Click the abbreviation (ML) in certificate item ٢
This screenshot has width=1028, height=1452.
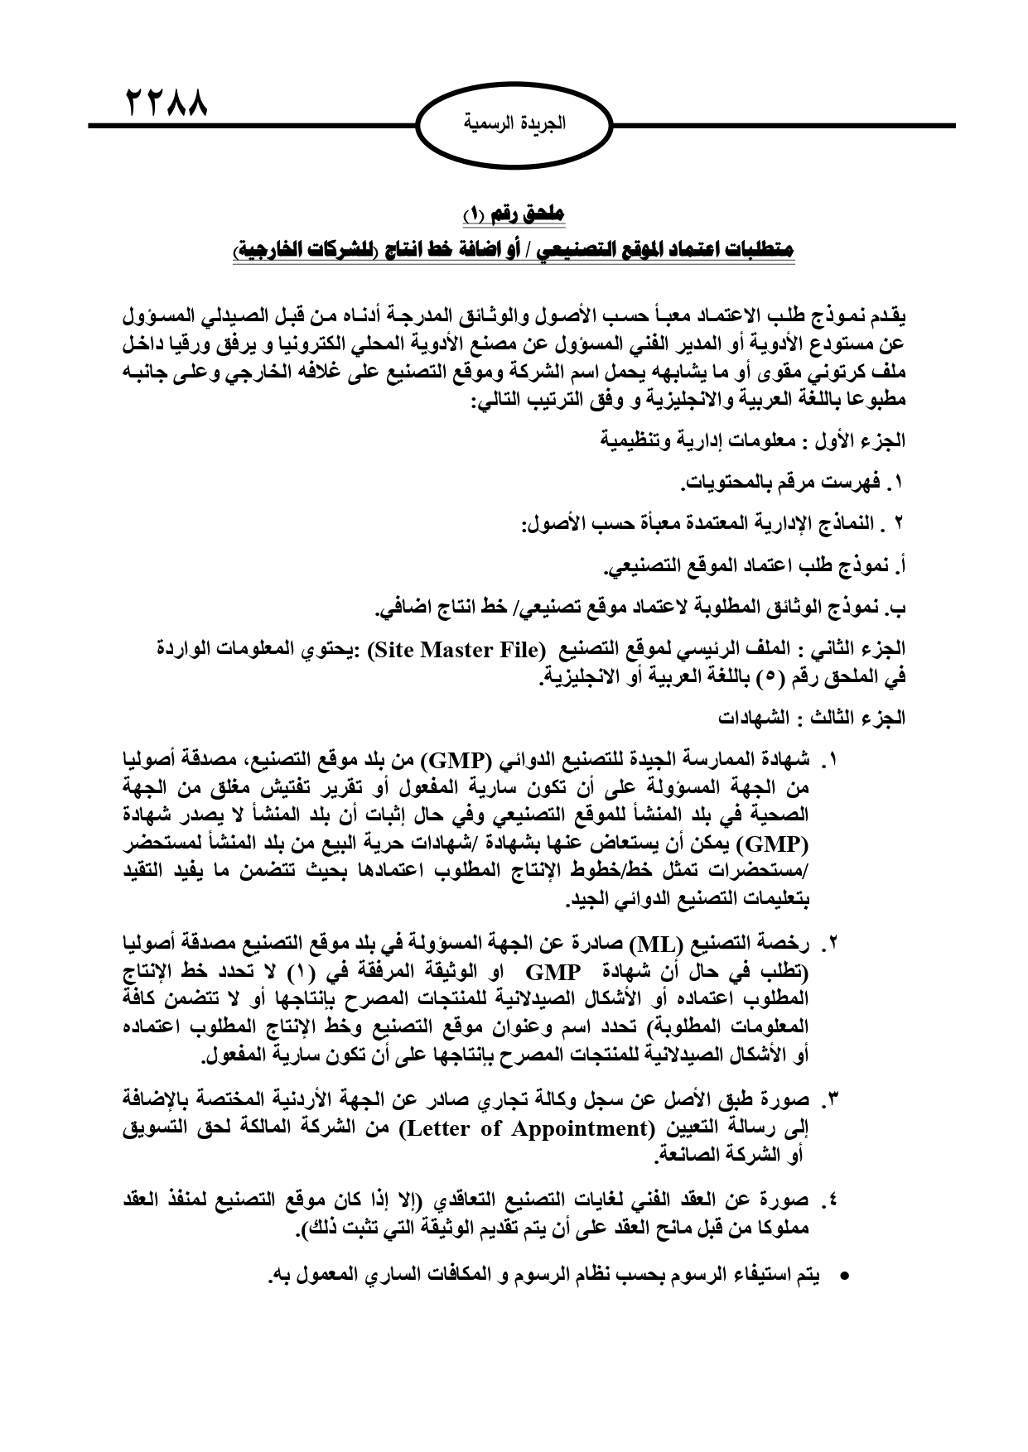655,942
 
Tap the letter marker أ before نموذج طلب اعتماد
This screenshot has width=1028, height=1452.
901,568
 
